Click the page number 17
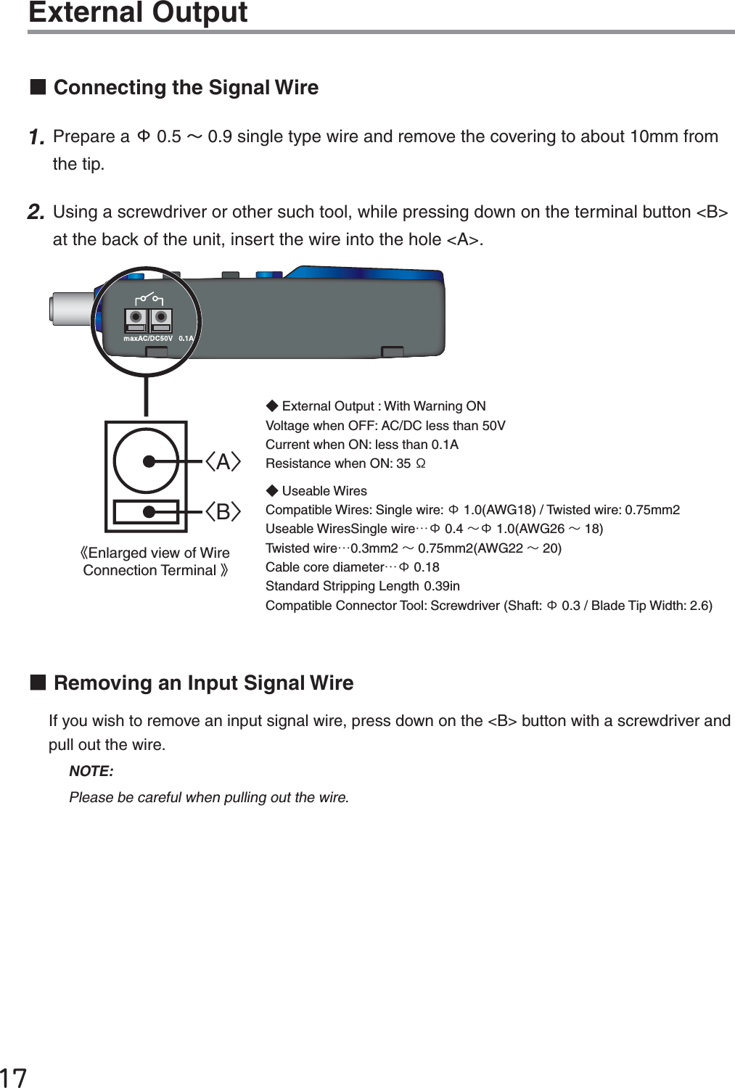tap(13, 1077)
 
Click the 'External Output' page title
tap(138, 12)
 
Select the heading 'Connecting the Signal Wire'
tap(186, 88)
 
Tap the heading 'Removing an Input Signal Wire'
tap(203, 683)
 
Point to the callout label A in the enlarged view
tap(223, 462)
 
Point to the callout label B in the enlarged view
tap(223, 512)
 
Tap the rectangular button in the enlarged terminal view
tap(146, 512)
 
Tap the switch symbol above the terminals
tap(149, 298)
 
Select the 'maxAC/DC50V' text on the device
tap(148, 339)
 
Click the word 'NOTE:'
tap(91, 771)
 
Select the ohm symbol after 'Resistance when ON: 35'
tap(420, 463)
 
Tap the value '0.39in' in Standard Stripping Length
tap(442, 586)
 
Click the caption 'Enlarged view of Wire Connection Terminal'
tap(155, 562)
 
